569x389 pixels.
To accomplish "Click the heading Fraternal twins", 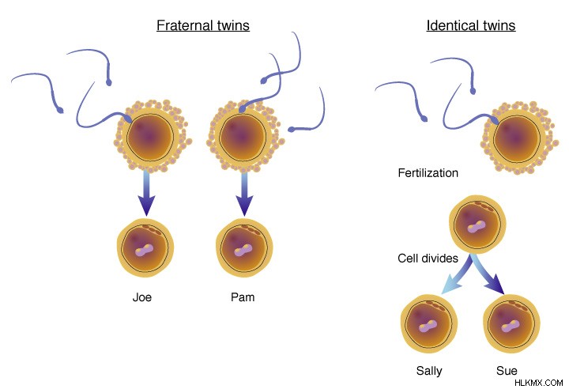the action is [203, 25].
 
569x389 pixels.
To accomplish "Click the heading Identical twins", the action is [471, 25].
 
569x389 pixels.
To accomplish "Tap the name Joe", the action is [142, 297].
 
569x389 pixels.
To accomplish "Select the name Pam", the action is [243, 297].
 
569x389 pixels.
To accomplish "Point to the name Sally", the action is [429, 371].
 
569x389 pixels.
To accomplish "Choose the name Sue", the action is [507, 371].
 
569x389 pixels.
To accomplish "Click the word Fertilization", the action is [428, 173].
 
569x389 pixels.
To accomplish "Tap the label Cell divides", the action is [428, 259].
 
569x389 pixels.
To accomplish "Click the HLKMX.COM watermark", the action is [538, 383].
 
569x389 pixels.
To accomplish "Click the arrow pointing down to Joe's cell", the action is [146, 193].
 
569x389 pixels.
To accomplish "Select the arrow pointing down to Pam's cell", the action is [244, 193].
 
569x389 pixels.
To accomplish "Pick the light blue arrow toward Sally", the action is [458, 274].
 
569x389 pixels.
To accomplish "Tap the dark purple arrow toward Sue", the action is [488, 274].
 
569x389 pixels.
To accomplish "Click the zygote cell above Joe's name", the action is [145, 247].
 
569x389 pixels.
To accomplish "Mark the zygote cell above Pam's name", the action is [244, 247].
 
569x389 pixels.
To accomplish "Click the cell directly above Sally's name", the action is [429, 323].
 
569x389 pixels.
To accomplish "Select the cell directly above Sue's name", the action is [511, 323].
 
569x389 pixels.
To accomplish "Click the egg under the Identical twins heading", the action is [518, 138].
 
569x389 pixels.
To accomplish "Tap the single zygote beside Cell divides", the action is [477, 225].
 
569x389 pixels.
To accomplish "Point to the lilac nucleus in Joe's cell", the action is [145, 251].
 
